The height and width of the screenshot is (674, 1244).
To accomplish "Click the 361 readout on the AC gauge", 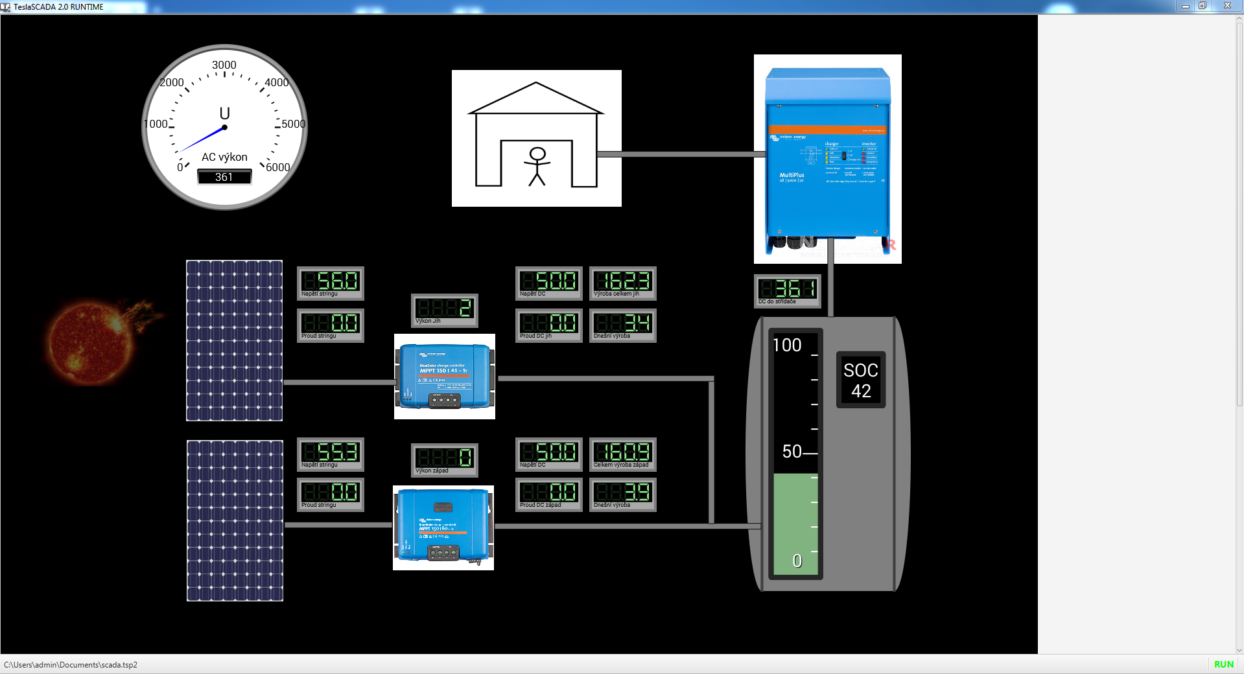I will (224, 177).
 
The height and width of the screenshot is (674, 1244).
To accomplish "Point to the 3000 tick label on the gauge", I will (224, 65).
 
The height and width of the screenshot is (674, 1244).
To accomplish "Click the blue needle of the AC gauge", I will (202, 139).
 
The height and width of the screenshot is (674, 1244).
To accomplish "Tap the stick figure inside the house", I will (537, 166).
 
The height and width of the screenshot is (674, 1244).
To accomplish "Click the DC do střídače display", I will (788, 290).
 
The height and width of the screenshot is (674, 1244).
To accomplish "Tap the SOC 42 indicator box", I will (861, 380).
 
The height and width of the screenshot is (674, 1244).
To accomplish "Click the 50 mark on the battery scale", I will (792, 452).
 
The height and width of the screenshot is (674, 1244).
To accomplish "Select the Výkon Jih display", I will (445, 310).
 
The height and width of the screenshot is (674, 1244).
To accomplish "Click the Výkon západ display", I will (445, 459).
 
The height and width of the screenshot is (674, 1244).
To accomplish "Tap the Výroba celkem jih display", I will (623, 283).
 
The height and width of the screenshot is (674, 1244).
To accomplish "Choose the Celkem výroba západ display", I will (623, 454).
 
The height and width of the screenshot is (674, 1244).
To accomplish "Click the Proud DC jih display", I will (549, 325).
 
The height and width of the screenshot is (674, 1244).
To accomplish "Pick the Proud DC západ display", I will (549, 494).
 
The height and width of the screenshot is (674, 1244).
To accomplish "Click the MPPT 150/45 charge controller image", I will (445, 377).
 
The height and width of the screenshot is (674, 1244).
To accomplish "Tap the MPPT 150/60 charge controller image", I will (443, 528).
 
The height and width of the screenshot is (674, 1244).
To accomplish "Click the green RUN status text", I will (1223, 664).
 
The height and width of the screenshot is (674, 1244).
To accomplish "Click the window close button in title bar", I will (1227, 6).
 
